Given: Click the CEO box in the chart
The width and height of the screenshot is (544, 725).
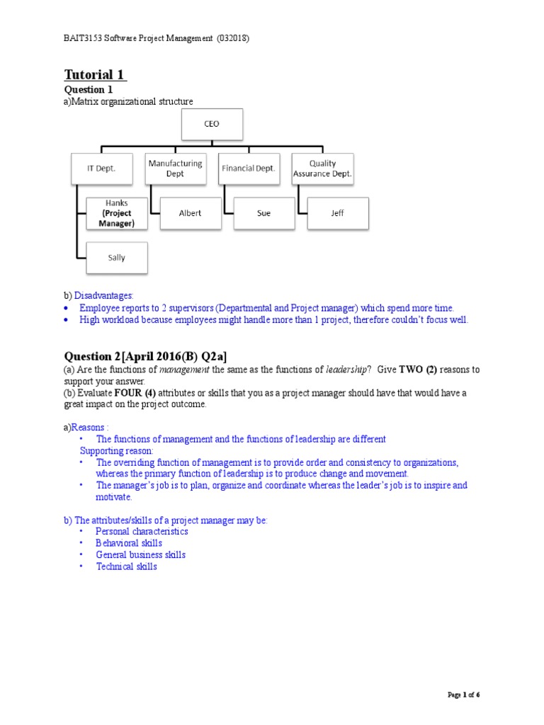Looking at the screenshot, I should pos(212,124).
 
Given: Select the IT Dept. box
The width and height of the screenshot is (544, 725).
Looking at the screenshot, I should pos(101,169).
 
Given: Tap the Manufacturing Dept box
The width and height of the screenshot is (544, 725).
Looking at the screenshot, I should pos(175,169).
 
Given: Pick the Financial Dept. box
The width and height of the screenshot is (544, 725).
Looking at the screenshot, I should pos(249,169).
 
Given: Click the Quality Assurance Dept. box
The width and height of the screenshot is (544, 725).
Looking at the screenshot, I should pos(322,169).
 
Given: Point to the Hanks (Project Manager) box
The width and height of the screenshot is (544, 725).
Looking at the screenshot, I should pos(117,213).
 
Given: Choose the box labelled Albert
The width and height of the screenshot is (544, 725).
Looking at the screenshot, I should pos(191,213).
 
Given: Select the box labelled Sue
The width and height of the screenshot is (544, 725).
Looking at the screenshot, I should pos(264,213).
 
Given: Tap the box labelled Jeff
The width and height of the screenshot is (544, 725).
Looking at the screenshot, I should pos(338,213).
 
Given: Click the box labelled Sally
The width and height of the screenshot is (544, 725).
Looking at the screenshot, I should pos(117,258).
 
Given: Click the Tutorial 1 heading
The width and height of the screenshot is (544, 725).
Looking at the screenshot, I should pos(96,75).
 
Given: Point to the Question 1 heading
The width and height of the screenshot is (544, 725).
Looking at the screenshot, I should pos(89,90).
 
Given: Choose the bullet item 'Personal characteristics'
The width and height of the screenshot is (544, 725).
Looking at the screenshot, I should pos(142,531).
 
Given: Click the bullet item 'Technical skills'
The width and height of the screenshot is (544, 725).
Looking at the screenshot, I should pos(127,566).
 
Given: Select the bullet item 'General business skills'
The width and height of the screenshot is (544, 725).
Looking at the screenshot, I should pos(141,555).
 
